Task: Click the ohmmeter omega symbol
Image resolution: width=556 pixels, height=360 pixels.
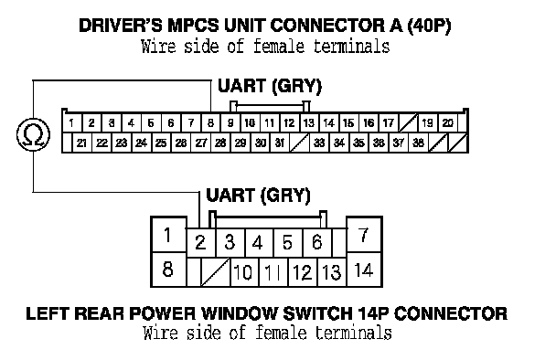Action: click(34, 134)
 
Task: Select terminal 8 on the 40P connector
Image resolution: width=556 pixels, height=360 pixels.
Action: click(210, 123)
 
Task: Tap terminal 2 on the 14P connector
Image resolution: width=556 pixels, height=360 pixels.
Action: click(200, 242)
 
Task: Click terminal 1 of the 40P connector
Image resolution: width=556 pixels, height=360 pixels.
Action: click(72, 123)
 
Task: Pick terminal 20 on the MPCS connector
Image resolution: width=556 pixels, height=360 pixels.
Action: click(448, 123)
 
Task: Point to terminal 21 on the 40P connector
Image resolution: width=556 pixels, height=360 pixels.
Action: click(82, 143)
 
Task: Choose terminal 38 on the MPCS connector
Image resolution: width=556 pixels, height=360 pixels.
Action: click(419, 143)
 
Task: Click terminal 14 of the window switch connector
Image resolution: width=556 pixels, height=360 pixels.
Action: click(364, 270)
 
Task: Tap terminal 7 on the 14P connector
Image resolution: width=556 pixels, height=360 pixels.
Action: click(364, 235)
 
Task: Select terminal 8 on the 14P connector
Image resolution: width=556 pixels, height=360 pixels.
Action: click(168, 270)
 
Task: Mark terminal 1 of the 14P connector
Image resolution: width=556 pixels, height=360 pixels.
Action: click(168, 235)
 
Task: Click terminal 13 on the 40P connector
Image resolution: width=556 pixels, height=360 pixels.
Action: click(309, 123)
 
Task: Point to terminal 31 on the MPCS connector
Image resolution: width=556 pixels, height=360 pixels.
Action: click(280, 143)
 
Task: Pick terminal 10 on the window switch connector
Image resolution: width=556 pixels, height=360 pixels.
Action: click(244, 272)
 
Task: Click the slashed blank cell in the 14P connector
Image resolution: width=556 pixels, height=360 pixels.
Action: click(216, 272)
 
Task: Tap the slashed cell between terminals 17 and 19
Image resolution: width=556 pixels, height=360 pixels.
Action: click(408, 123)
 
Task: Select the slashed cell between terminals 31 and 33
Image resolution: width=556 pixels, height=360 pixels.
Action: click(300, 143)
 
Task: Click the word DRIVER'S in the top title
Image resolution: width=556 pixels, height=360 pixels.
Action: click(121, 26)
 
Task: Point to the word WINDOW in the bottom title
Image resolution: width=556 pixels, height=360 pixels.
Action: click(240, 313)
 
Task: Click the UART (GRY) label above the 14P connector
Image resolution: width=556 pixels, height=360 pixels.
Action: click(258, 196)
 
